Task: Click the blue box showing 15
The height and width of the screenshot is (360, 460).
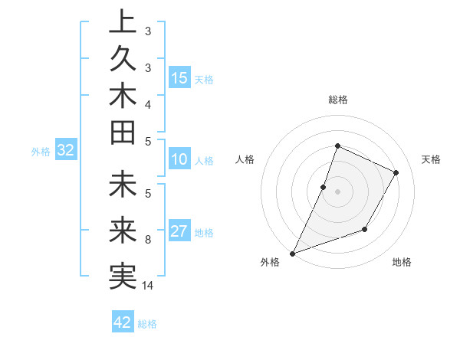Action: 179,78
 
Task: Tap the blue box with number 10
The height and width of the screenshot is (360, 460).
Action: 179,159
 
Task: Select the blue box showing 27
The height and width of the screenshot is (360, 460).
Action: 179,232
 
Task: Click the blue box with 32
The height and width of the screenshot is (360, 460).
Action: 65,151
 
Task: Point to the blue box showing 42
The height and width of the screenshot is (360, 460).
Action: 123,322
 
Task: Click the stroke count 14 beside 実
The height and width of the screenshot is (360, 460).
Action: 148,286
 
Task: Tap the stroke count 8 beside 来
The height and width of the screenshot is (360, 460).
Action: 148,240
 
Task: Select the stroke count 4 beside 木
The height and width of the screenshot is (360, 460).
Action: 148,103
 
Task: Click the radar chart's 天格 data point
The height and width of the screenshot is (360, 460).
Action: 396,172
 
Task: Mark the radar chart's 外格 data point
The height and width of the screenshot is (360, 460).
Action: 292,253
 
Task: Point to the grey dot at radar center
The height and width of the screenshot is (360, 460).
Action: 337,191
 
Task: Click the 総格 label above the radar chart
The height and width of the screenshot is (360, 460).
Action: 337,100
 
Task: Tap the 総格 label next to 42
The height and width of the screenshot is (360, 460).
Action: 147,323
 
